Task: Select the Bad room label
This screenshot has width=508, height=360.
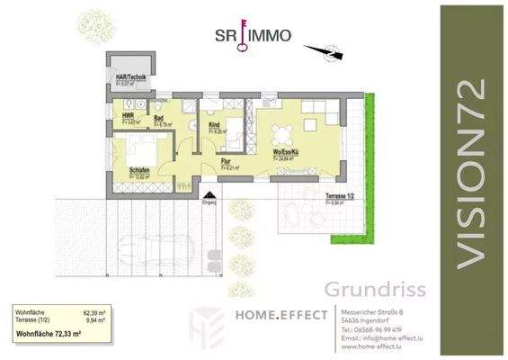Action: [x=158, y=116]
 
